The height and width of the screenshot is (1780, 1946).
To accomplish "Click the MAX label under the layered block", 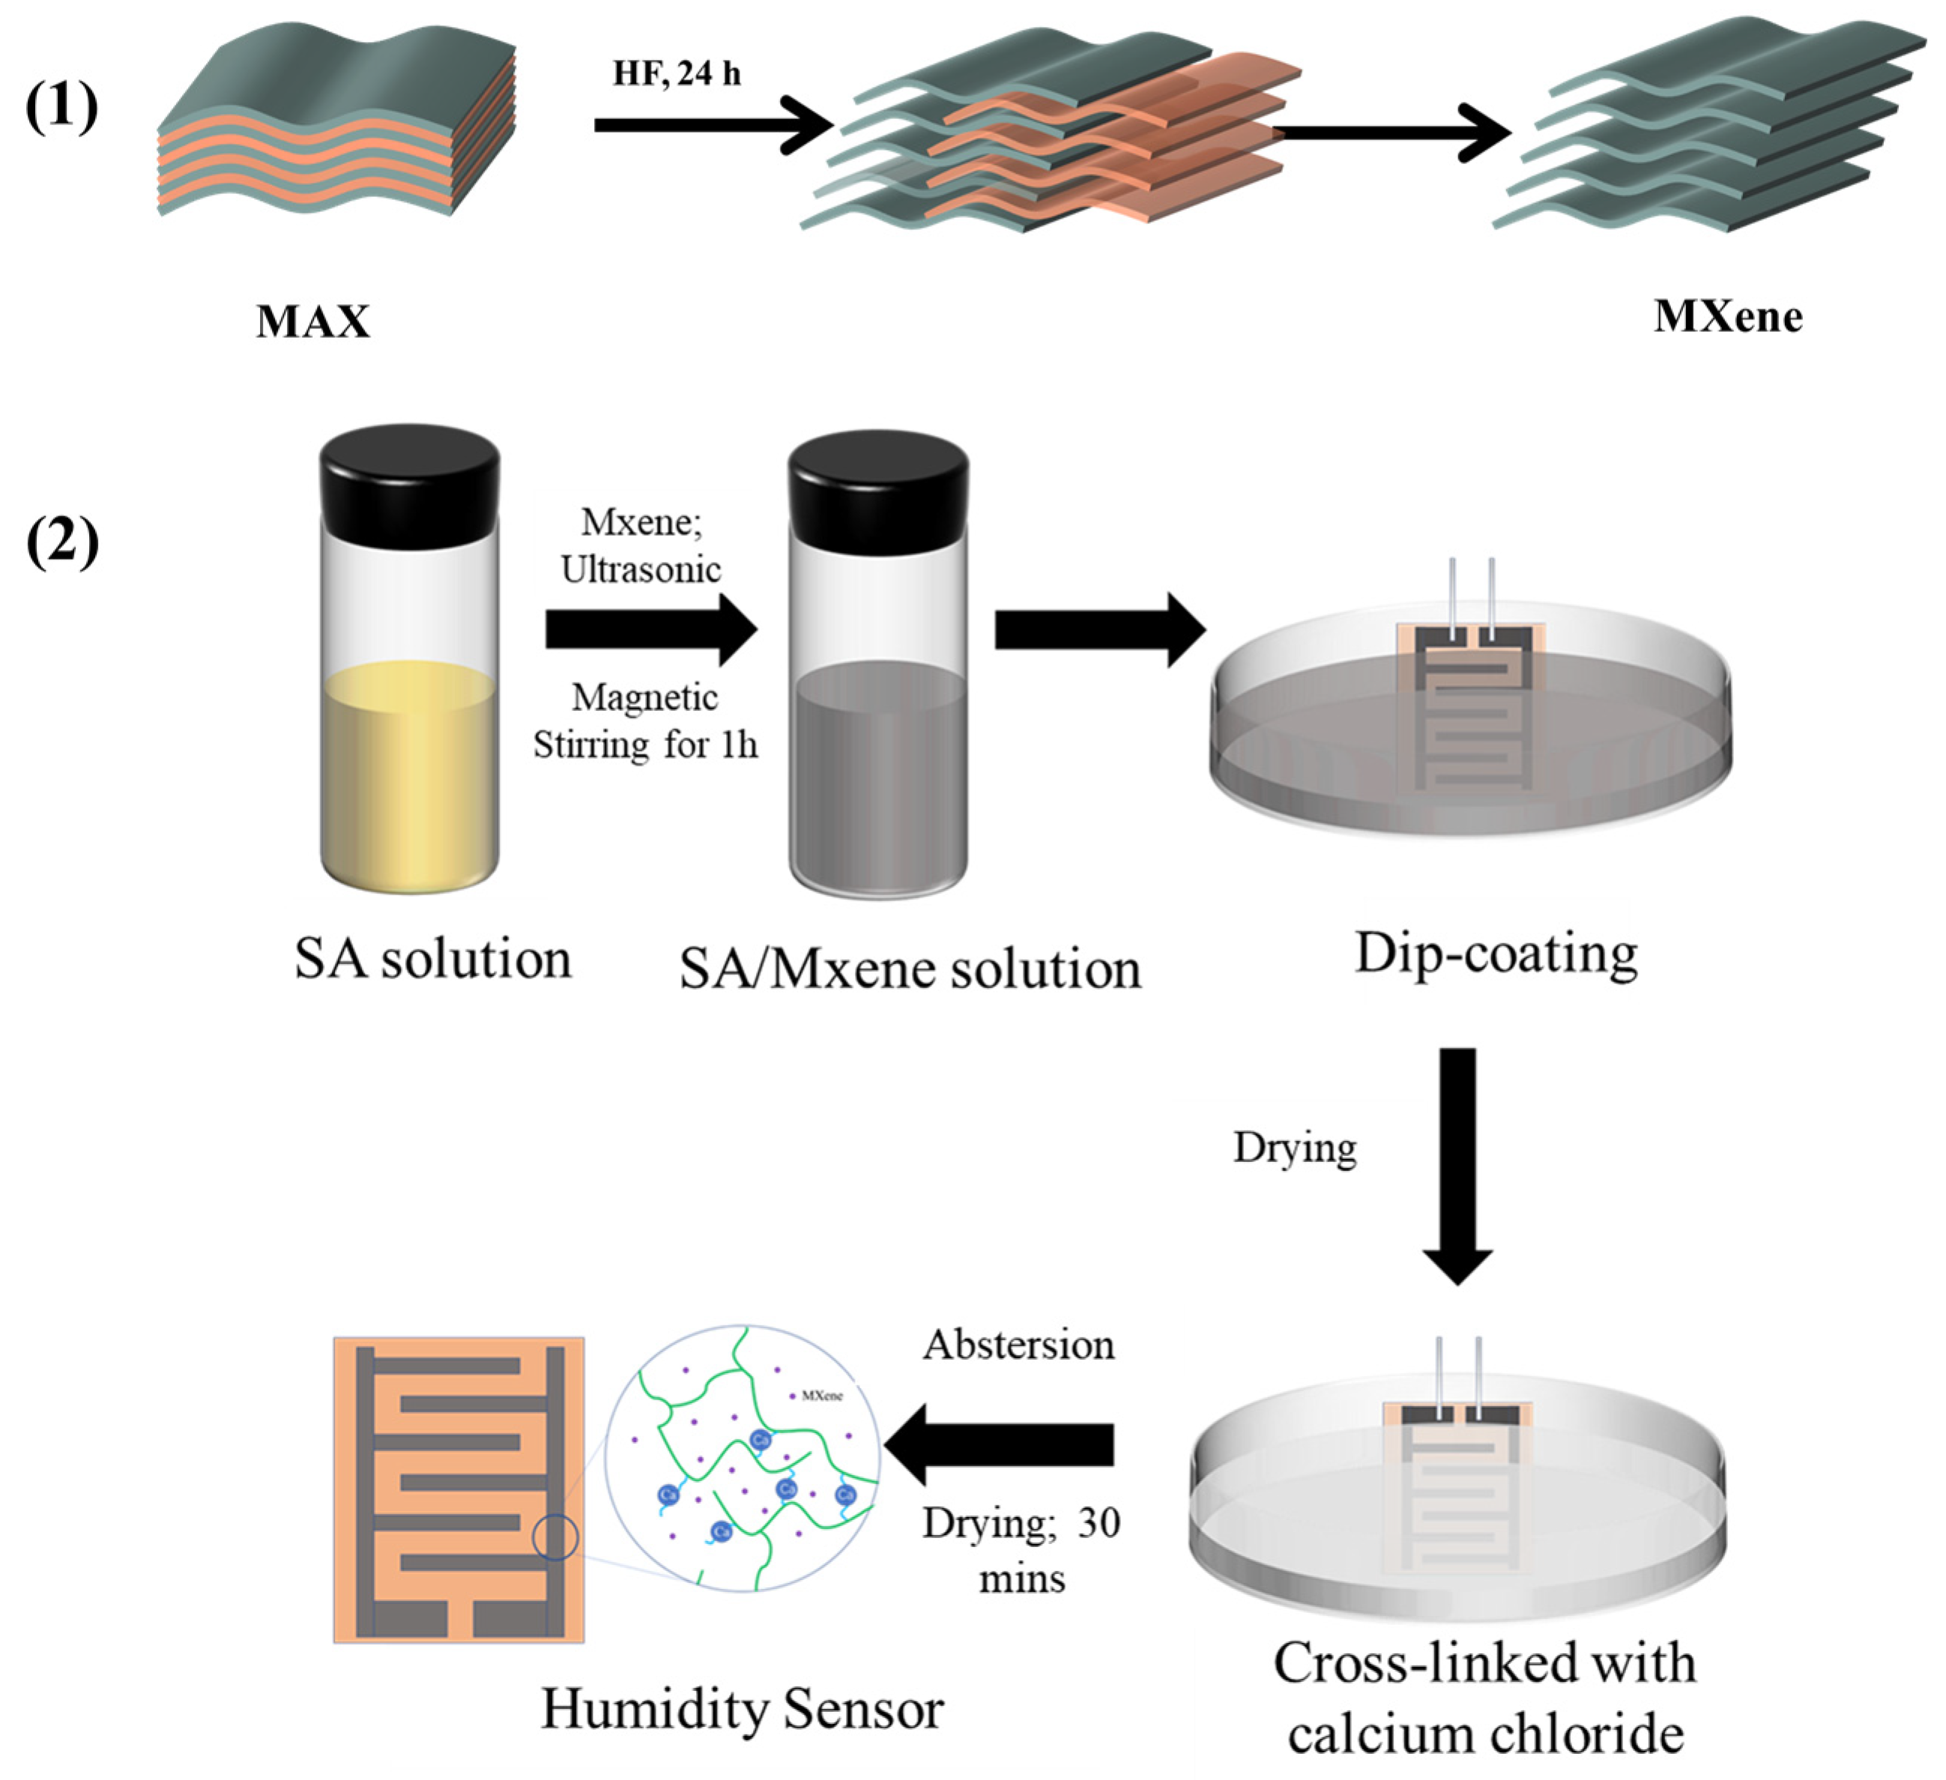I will [312, 321].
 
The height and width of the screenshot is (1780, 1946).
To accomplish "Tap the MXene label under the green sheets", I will [1727, 317].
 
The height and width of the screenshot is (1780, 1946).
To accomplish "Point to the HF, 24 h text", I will [677, 73].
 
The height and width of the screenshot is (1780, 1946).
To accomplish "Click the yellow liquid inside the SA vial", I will [409, 772].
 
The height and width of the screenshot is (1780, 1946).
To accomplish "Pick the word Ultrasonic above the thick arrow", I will [641, 569].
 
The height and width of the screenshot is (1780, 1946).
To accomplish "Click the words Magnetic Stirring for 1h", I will [645, 722].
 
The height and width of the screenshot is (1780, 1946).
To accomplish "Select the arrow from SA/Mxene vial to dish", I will [1099, 630].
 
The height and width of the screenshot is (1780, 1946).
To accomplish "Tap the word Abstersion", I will [1018, 1345].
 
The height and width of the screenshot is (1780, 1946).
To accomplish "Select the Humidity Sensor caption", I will [741, 1709].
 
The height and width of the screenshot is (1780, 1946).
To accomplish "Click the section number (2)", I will [61, 542].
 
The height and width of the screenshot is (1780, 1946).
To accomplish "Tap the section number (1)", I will [61, 107].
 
